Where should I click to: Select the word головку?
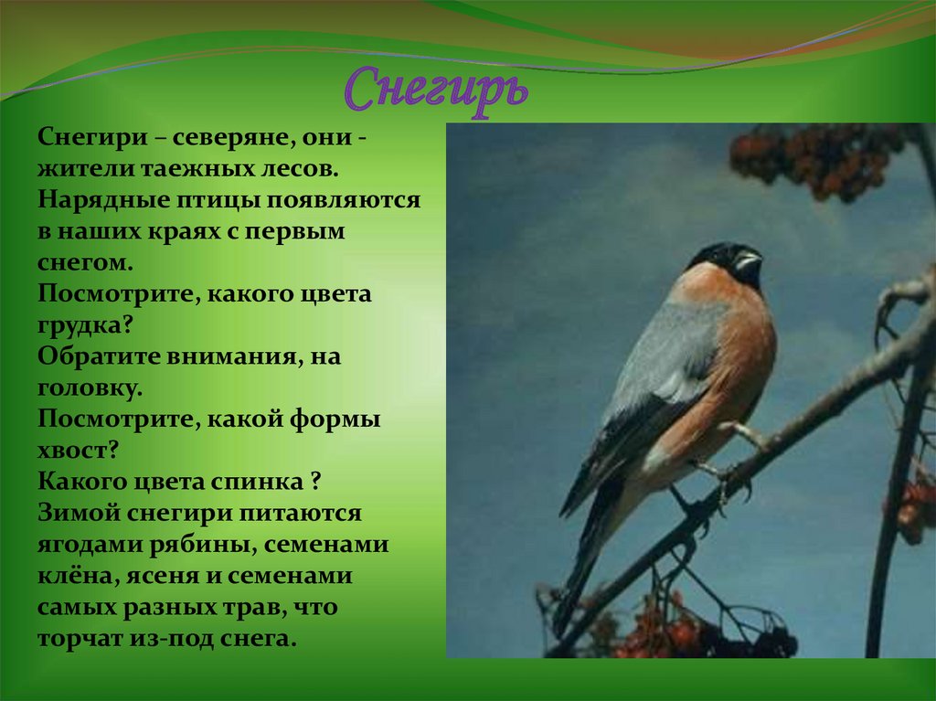pos(90,388)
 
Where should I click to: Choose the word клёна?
pos(75,577)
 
